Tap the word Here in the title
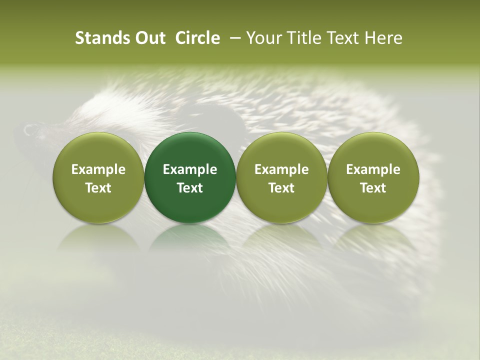384,38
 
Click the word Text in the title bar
342,38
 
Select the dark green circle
190,177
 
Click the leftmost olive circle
98,177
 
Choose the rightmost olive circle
373,177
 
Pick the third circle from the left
281,177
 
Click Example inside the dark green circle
190,169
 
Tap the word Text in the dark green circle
190,188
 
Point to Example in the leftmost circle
98,169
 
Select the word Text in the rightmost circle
373,188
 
